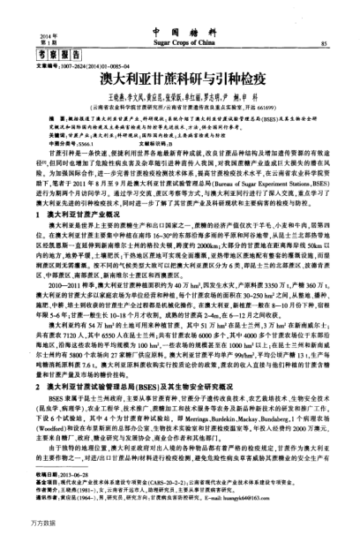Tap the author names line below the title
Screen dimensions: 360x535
[x=180, y=94]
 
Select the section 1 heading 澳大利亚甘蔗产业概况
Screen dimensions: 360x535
[x=83, y=215]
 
